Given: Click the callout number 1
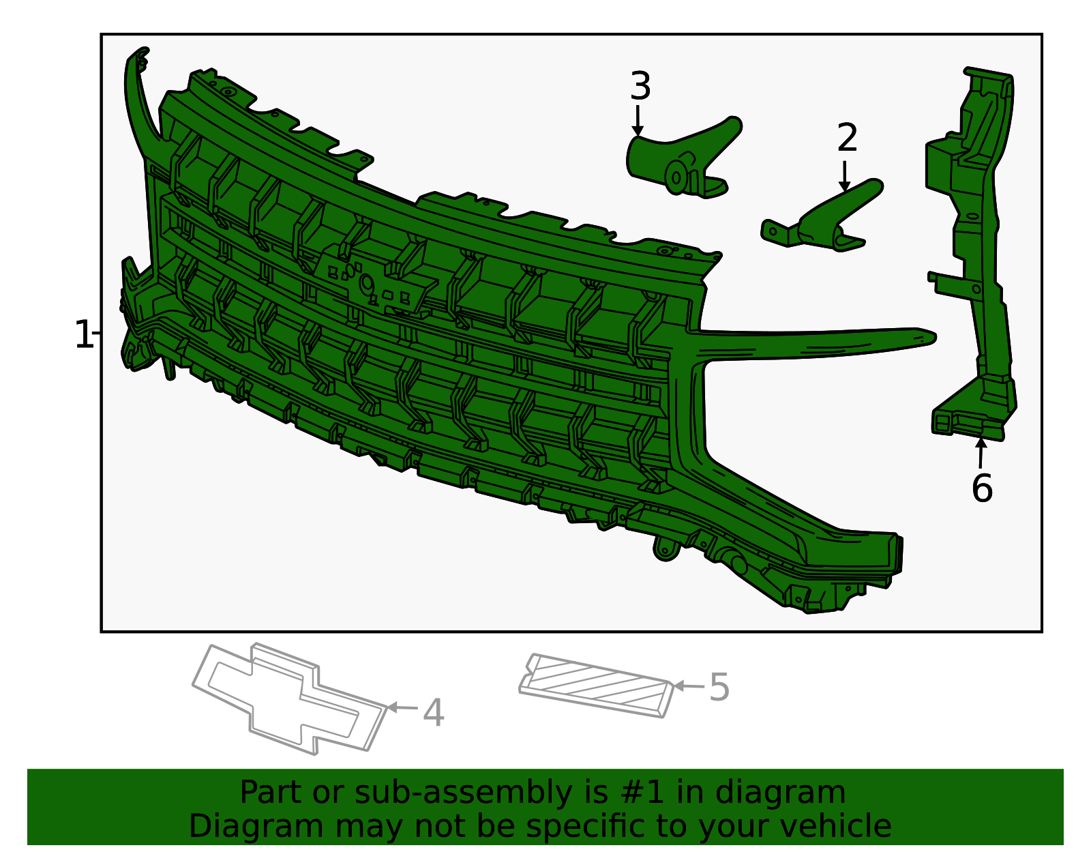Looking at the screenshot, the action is [83, 335].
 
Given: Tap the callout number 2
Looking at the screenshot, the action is [846, 138].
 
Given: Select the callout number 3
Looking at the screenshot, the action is [640, 86].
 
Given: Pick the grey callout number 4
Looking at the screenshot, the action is [433, 713].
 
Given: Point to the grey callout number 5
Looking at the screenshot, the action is [719, 688].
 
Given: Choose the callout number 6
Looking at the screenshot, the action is [982, 488].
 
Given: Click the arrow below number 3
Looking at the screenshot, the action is [637, 121].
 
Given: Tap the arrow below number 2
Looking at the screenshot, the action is [844, 176].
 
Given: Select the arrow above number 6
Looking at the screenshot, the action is [981, 454].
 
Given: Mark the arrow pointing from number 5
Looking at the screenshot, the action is [689, 686].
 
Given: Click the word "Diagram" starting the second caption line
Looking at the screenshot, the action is [256, 827].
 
